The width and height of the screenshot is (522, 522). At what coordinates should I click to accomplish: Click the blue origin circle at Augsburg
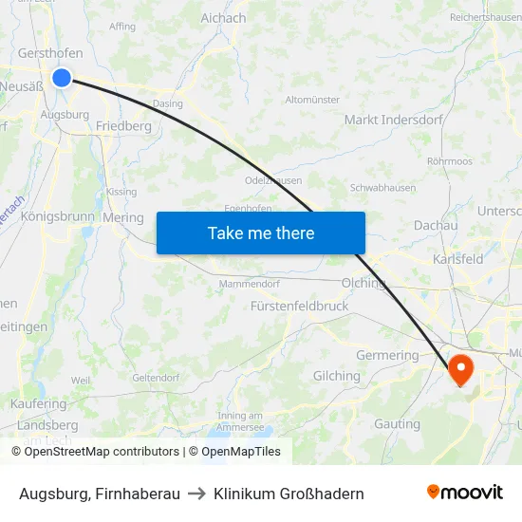point(62,77)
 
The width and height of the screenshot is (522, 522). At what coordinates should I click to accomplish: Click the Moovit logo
point(464,493)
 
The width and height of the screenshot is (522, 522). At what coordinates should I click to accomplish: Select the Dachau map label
point(437,226)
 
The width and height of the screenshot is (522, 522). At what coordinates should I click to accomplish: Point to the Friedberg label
point(123,125)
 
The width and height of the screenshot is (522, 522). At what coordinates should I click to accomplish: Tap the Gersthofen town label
point(49,54)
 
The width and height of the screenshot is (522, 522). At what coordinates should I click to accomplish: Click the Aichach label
point(223,18)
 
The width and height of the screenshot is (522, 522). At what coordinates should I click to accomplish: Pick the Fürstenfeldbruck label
point(300,307)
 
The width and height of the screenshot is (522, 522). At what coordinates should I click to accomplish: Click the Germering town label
point(386,355)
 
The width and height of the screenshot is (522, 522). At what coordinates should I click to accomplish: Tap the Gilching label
point(337,376)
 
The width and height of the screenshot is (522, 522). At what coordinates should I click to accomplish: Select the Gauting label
point(398,423)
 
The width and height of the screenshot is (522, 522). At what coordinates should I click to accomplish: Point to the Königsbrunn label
point(57,216)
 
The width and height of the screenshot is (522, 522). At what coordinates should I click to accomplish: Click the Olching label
point(364,283)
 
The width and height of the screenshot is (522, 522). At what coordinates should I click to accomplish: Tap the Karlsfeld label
point(457,258)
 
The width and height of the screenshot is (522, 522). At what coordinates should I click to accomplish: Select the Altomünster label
point(312,99)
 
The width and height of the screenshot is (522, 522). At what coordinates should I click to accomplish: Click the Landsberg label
point(47,425)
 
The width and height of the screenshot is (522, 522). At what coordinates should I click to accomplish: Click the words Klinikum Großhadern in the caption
point(289,494)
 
